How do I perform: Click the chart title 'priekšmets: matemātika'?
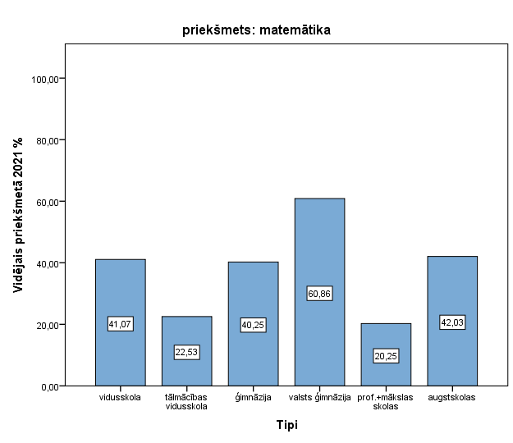(256, 31)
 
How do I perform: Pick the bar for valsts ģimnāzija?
(319, 246)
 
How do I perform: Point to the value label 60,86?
(319, 293)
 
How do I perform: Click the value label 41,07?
(120, 324)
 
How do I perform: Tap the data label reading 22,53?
(186, 353)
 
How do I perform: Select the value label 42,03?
(452, 322)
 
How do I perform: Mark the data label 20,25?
(386, 356)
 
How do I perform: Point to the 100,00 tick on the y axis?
(45, 79)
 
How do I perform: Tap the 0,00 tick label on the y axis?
(49, 386)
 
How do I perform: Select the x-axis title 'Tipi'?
(286, 425)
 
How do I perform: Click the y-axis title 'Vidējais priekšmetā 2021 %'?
(17, 215)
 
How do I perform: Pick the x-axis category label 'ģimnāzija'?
(253, 398)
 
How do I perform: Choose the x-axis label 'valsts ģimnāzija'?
(319, 398)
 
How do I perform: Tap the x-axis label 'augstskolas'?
(452, 398)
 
